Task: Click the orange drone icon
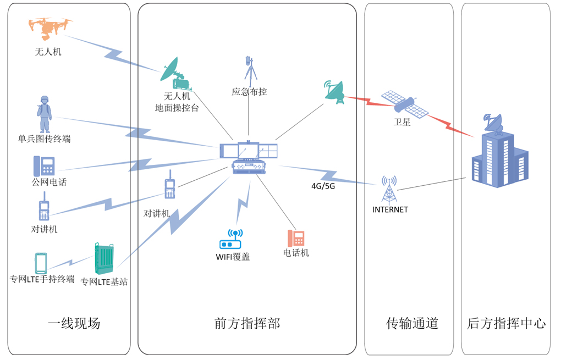tap(50, 27)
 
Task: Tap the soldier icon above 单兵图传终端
tap(45, 113)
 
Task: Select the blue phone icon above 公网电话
tap(44, 166)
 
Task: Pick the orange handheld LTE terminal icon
tap(41, 263)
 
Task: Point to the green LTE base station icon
tap(104, 258)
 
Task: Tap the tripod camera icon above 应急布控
tap(249, 70)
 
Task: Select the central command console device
tap(249, 158)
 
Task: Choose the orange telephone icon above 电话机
tap(296, 238)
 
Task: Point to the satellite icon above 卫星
tap(405, 103)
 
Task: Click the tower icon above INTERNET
tap(389, 190)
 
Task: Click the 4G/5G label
tap(323, 186)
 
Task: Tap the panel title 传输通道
tap(412, 323)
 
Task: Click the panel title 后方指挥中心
tap(506, 323)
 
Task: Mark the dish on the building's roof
tap(492, 123)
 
